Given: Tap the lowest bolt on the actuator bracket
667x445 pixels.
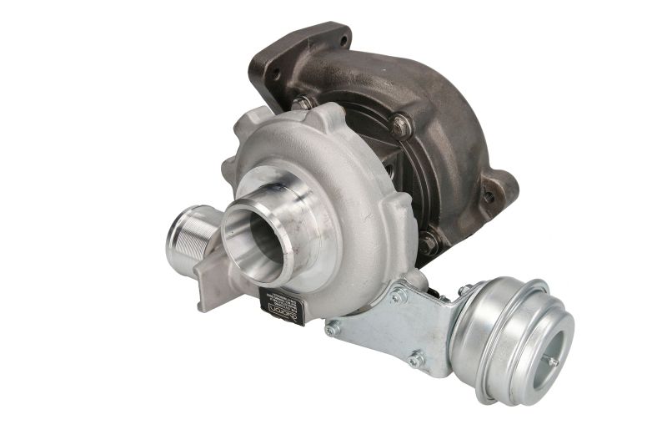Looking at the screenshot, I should [415, 360].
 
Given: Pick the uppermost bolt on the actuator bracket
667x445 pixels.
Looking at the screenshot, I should [399, 294].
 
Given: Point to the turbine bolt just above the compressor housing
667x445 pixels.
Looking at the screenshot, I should [301, 103].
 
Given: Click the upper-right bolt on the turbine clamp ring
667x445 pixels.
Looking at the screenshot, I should [401, 124].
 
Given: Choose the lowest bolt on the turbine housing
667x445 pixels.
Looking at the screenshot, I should [429, 243].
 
